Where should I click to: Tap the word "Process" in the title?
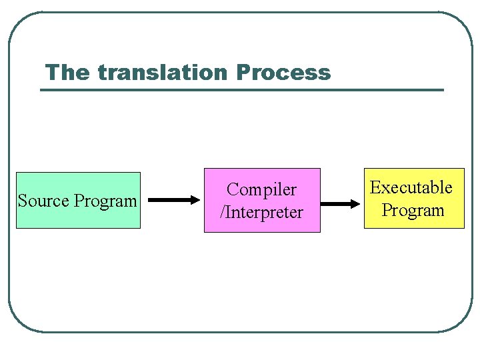click(283, 72)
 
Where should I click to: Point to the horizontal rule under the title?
click(241, 89)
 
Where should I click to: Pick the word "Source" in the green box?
click(44, 201)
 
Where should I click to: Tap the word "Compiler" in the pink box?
click(261, 190)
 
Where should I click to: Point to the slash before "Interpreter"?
click(223, 213)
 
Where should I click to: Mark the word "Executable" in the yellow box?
click(411, 188)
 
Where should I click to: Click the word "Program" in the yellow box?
click(413, 211)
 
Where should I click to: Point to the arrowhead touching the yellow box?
click(355, 204)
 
